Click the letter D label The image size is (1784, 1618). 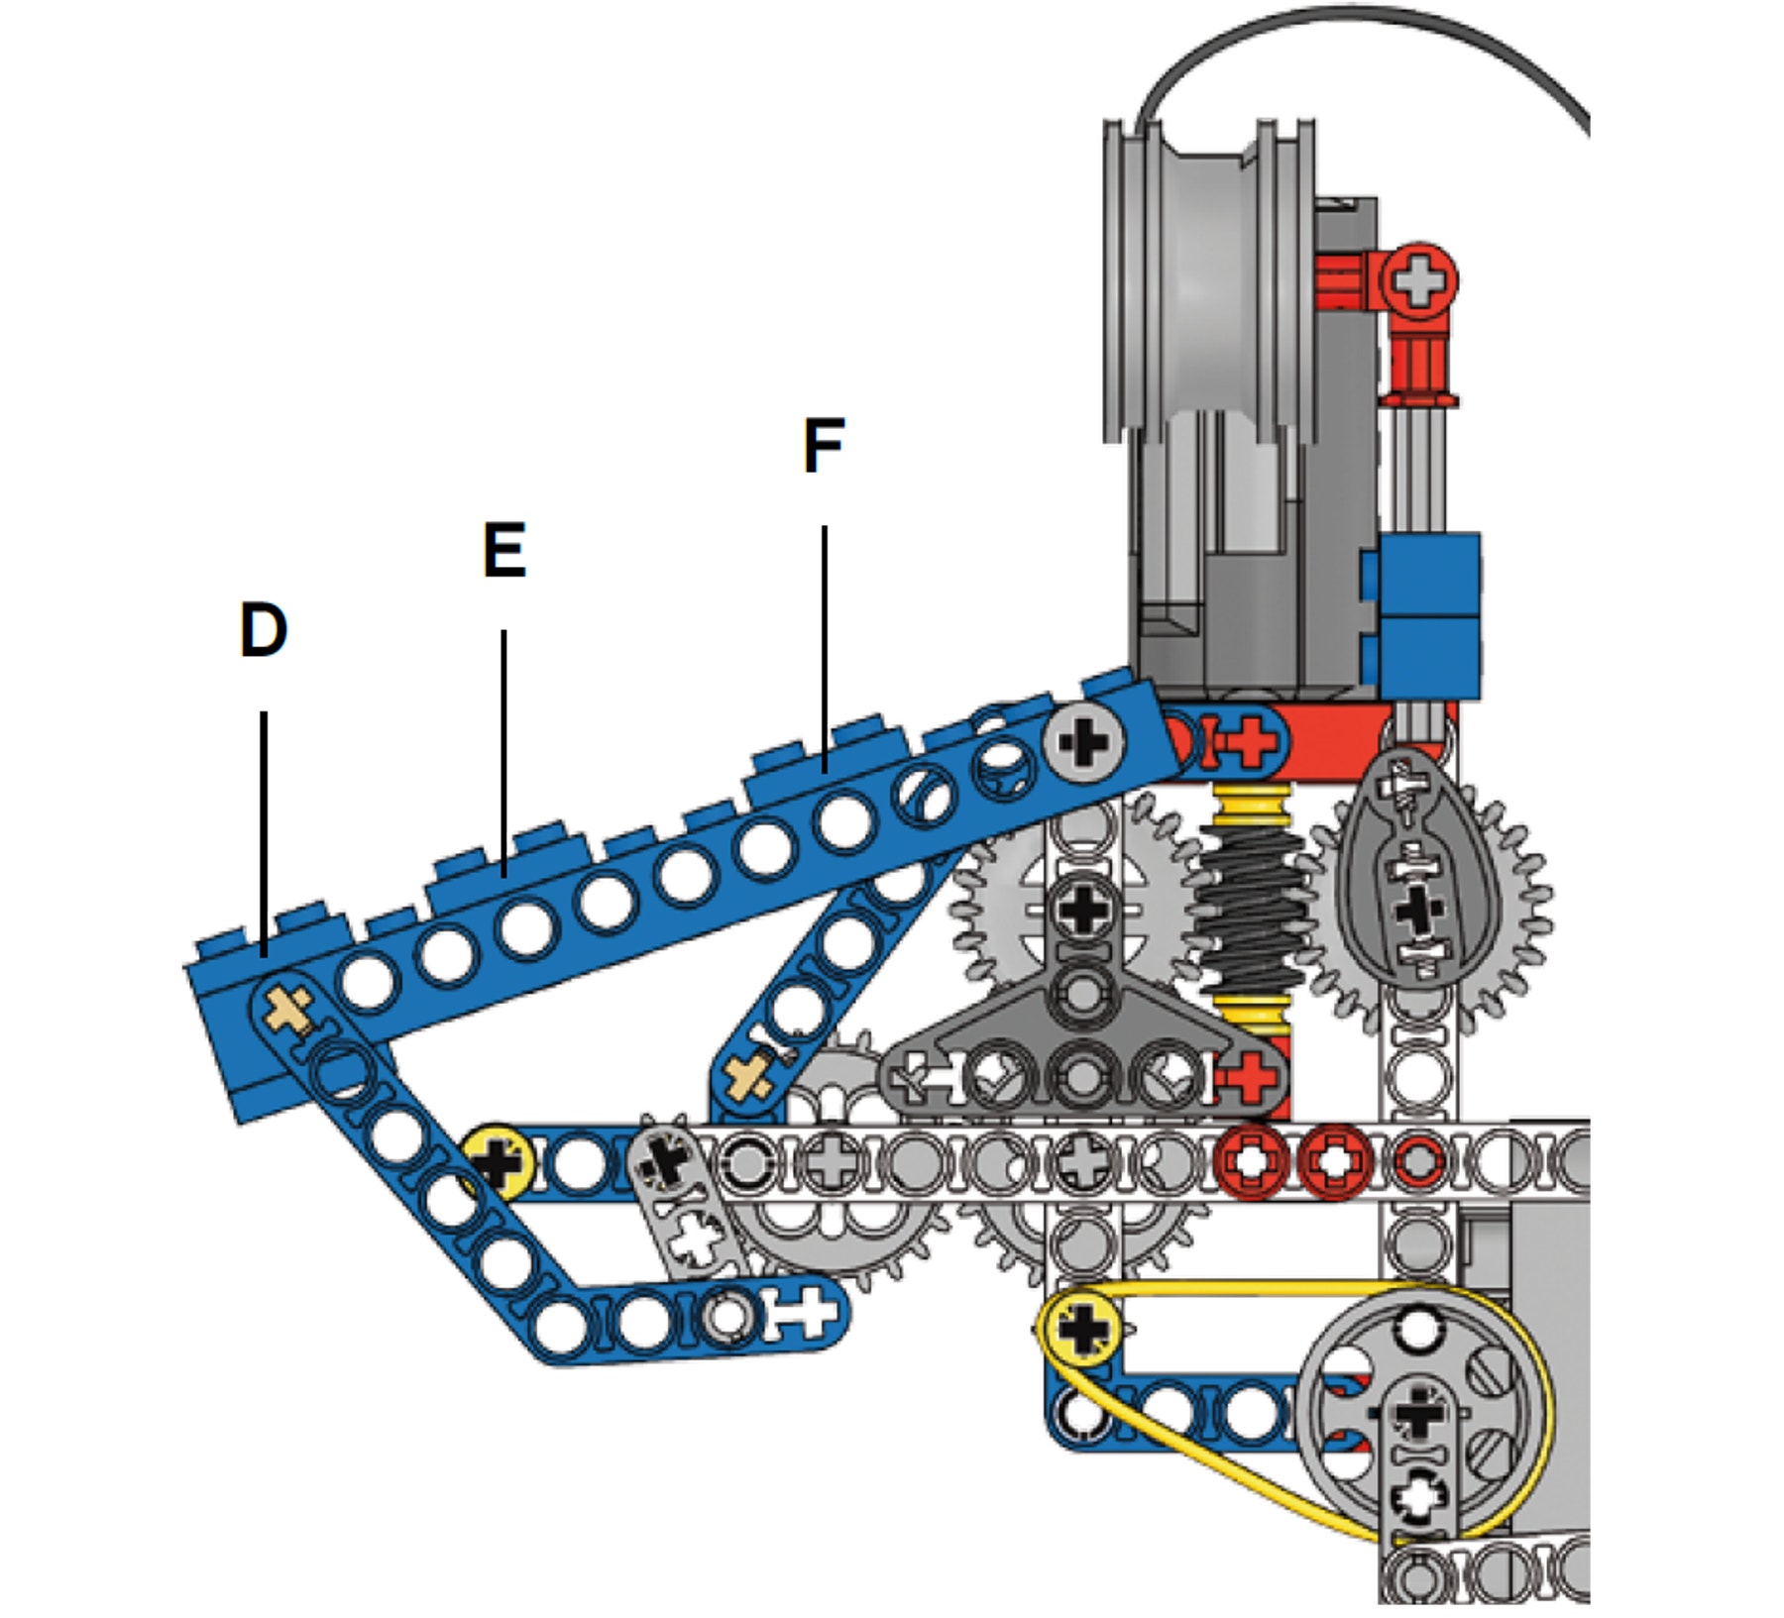(264, 630)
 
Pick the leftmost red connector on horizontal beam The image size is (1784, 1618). (1252, 1159)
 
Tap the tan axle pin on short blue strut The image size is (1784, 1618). (750, 1076)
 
